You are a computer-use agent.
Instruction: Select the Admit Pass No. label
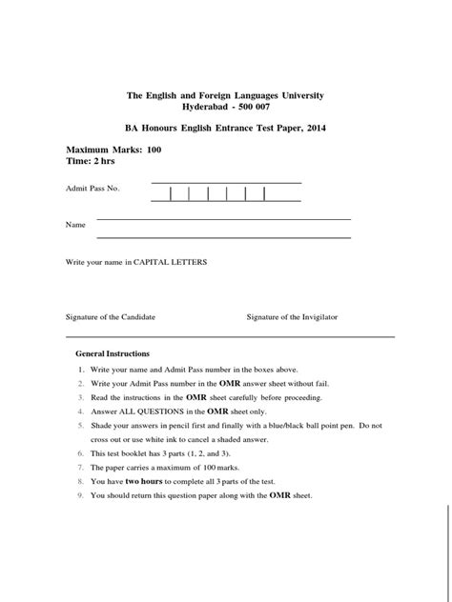92,189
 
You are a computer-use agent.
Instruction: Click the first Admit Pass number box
161,194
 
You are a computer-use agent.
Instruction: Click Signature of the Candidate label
110,316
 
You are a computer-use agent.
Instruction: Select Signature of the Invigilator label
292,316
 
